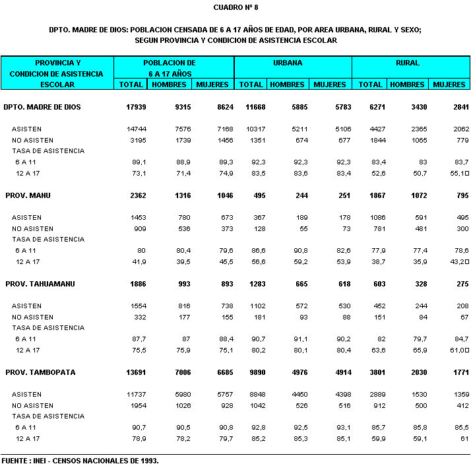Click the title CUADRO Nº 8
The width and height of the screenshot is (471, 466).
235,7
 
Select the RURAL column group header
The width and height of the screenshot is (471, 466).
408,63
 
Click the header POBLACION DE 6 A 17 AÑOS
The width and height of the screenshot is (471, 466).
170,68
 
